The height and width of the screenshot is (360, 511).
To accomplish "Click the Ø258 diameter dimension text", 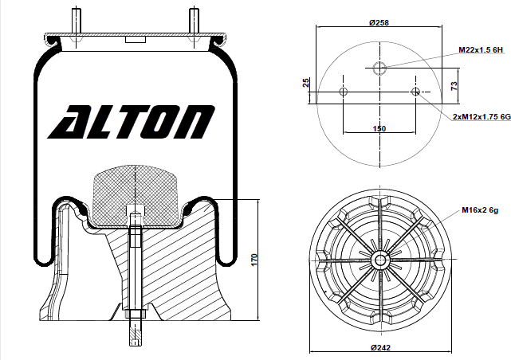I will (x=379, y=22).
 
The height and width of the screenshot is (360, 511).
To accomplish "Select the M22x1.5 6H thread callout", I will (x=482, y=49).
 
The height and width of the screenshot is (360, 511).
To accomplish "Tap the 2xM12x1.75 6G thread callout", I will (x=480, y=116).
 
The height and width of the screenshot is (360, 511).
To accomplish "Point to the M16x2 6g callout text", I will (x=479, y=210).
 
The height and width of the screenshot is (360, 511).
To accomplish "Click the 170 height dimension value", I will (x=254, y=260).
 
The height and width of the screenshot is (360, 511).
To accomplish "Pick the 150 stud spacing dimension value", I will (x=379, y=127).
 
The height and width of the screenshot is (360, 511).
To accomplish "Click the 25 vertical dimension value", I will (x=307, y=84).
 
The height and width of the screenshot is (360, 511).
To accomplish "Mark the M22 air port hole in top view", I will (x=379, y=67).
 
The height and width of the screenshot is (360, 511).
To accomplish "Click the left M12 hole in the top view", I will (x=344, y=92).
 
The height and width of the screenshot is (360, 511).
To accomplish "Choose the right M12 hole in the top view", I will (x=415, y=92).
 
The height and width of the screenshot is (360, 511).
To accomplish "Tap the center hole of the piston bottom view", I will (x=379, y=259).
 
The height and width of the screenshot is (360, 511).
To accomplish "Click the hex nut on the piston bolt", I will (x=134, y=313).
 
